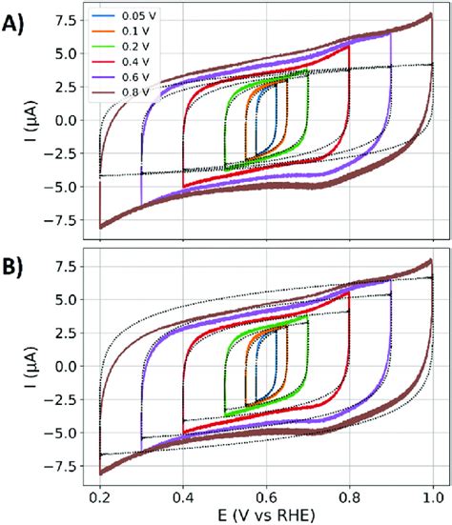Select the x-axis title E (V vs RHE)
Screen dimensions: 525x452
[x=267, y=515]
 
